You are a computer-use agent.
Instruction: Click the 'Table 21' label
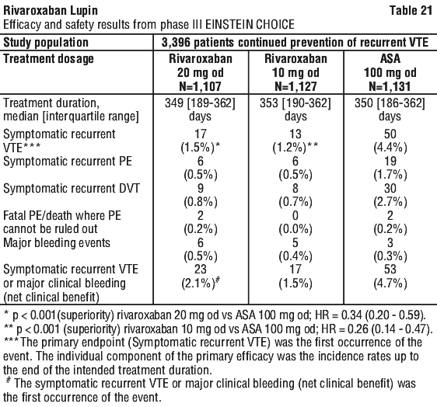(x=411, y=11)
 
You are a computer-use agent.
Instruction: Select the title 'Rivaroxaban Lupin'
(x=51, y=11)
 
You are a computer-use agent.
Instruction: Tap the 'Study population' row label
(x=46, y=43)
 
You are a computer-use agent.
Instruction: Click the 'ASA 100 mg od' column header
(x=390, y=72)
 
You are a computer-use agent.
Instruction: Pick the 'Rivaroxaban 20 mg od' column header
(x=201, y=72)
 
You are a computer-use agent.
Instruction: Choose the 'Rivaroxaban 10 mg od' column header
(x=295, y=72)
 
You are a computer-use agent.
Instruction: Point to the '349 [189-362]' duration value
(x=200, y=103)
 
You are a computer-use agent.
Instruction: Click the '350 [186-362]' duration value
(x=390, y=103)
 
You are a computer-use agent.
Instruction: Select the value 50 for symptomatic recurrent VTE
(x=390, y=134)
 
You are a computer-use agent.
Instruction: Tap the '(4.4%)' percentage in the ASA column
(x=390, y=148)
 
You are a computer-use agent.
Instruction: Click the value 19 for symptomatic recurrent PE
(x=390, y=162)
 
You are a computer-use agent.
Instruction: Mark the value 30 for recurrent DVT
(x=390, y=189)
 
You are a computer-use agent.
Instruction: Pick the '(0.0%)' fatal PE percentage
(x=295, y=229)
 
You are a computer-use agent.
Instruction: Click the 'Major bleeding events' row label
(x=57, y=243)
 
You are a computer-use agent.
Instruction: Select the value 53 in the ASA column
(x=390, y=270)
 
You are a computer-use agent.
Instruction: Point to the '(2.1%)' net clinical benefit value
(x=198, y=284)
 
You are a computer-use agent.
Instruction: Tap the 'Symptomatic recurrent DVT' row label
(x=72, y=189)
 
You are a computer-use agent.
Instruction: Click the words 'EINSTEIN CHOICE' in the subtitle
(x=250, y=25)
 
